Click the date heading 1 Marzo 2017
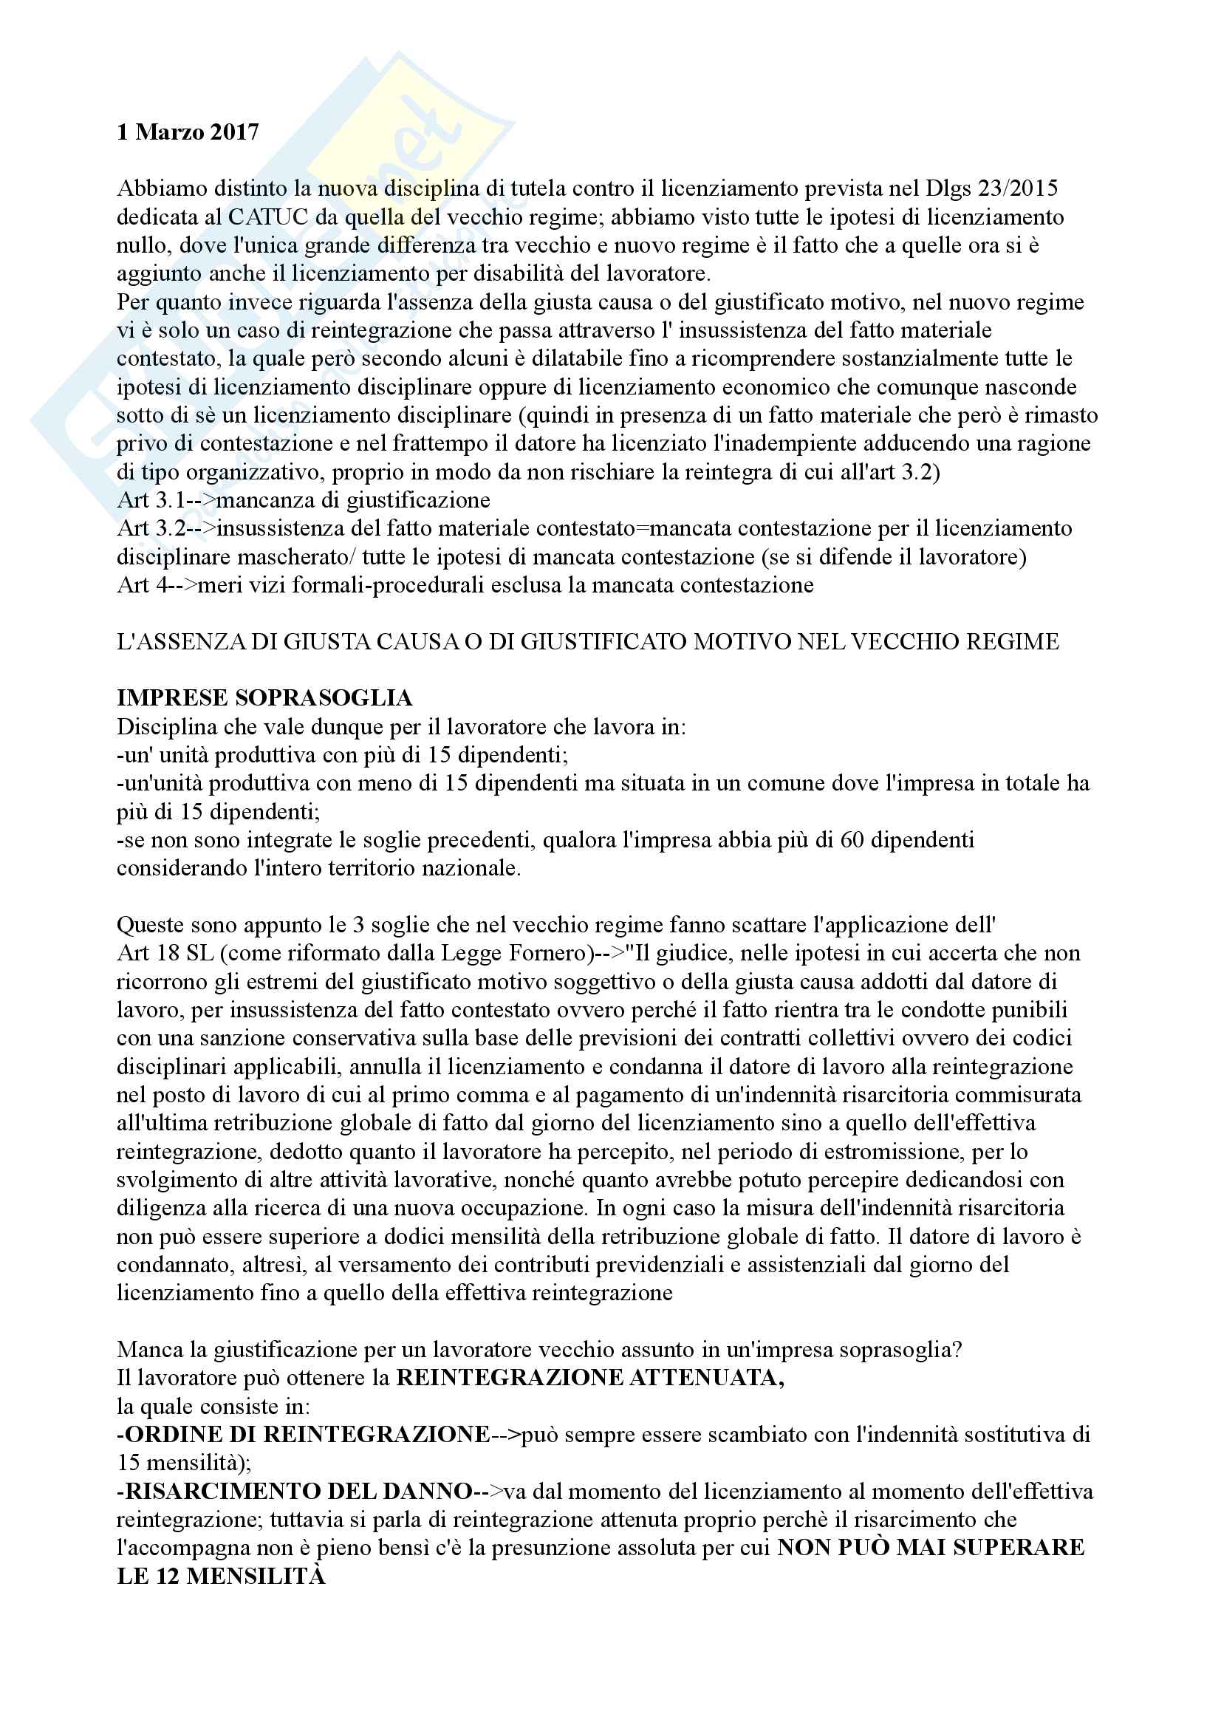point(188,132)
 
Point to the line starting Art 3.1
point(303,500)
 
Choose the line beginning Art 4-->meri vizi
point(465,586)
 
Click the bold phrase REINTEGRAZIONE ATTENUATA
point(589,1378)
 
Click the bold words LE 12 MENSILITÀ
point(221,1576)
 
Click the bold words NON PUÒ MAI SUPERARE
point(931,1548)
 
